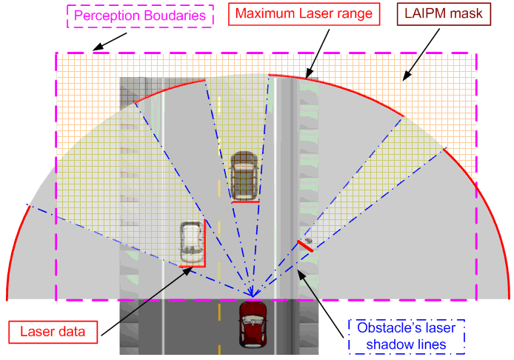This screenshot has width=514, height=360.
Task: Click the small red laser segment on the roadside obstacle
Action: click(x=305, y=246)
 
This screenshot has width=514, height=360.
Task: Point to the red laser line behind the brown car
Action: click(x=244, y=200)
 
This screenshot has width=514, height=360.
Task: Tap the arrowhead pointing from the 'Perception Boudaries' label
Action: click(x=94, y=50)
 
